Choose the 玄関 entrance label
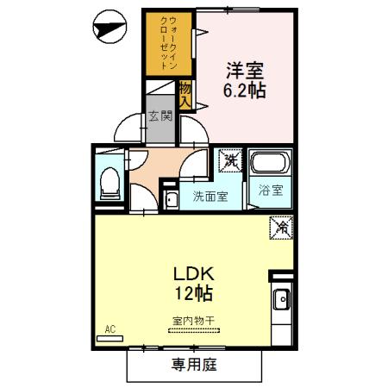[x=160, y=116]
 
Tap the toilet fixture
[x=110, y=180]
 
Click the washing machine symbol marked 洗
[x=231, y=160]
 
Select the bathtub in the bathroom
[x=272, y=162]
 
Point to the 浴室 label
[x=270, y=191]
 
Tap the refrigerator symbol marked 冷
[x=282, y=228]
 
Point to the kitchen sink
[x=282, y=302]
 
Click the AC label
[x=110, y=329]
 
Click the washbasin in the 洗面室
[x=171, y=201]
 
